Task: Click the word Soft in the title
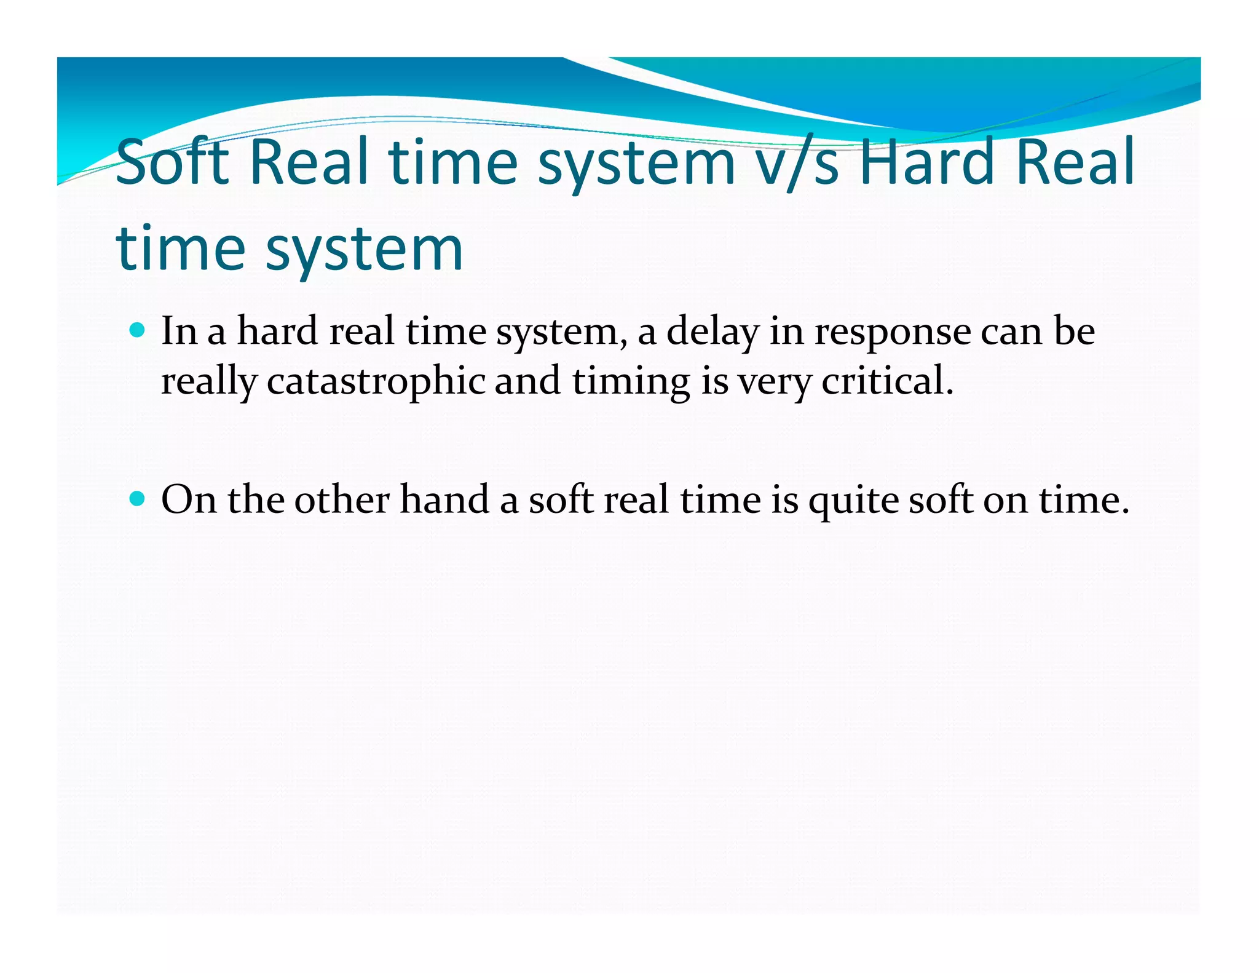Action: click(172, 162)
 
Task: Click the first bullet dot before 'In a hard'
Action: click(138, 330)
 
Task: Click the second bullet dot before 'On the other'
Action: click(138, 498)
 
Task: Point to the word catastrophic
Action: click(376, 381)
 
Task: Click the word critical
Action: click(887, 381)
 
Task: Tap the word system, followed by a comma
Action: click(561, 333)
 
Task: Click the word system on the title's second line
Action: click(363, 250)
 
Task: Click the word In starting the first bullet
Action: click(178, 332)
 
